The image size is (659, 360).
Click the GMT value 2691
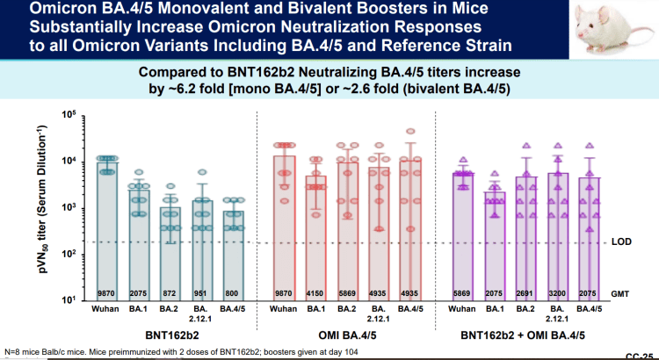(526, 290)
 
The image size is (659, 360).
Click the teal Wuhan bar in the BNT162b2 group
(108, 228)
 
